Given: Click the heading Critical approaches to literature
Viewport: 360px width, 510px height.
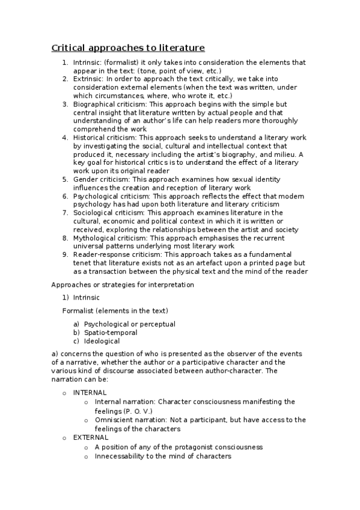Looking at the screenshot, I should click(x=128, y=48).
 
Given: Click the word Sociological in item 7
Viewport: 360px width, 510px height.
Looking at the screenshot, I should click(x=94, y=213).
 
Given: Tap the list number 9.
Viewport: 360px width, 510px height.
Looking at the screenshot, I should click(x=66, y=255).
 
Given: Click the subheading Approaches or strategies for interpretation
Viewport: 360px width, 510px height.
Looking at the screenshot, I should click(x=123, y=284).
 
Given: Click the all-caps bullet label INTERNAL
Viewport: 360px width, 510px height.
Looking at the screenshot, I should click(x=90, y=393).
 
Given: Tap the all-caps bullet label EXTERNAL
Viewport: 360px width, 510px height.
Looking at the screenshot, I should click(x=91, y=438).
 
